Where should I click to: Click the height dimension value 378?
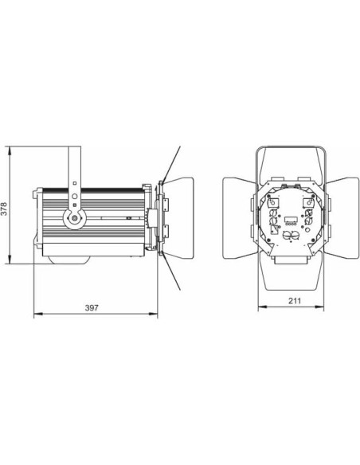(x=5, y=209)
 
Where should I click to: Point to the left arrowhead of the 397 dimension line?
(x=36, y=315)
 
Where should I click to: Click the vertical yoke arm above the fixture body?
(x=74, y=165)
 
